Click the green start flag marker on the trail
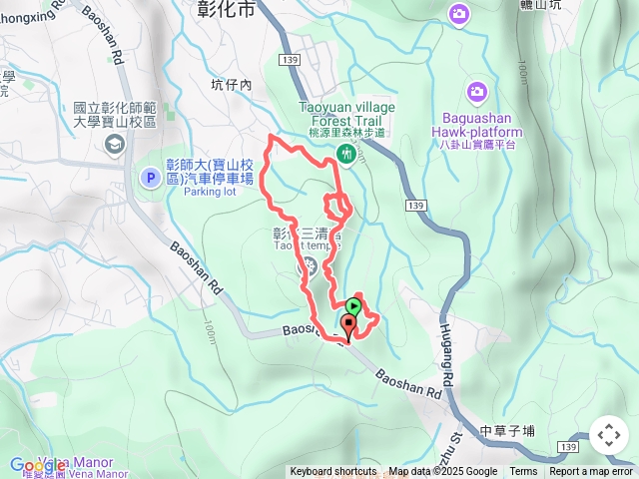click(353, 305)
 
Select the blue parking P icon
click(150, 177)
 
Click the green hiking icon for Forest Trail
click(345, 153)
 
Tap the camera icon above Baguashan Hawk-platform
click(477, 92)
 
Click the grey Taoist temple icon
click(308, 267)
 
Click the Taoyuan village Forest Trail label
click(346, 113)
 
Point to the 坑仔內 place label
click(232, 85)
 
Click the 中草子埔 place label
click(507, 431)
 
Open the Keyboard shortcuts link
click(333, 472)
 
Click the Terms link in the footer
click(523, 472)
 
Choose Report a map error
click(592, 472)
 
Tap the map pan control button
click(608, 435)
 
